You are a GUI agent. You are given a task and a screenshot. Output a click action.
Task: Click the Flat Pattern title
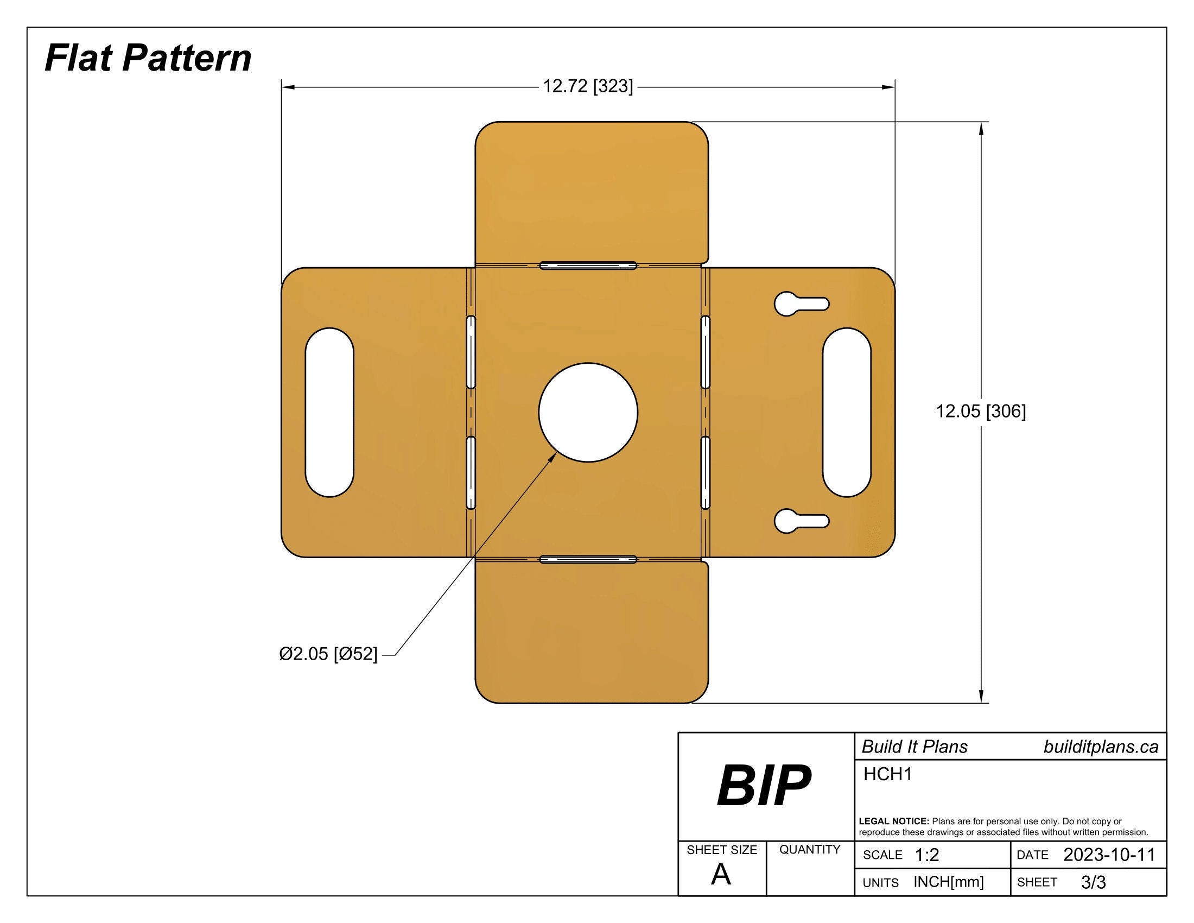[148, 58]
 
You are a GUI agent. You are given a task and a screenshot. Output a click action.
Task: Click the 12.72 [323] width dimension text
[588, 86]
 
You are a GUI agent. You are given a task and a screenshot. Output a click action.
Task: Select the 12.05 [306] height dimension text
[981, 411]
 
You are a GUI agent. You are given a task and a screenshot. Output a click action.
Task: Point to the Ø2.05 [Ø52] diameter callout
[328, 654]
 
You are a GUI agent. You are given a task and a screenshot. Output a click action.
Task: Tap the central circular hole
[588, 412]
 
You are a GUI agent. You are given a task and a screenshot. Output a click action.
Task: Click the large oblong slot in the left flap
[329, 412]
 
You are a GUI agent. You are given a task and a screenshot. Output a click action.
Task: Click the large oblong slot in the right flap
[846, 412]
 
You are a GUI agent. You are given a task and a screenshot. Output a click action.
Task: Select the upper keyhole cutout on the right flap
[798, 304]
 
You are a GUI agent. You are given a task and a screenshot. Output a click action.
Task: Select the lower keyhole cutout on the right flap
[798, 521]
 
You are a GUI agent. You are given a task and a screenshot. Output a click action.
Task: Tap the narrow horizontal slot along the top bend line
[588, 265]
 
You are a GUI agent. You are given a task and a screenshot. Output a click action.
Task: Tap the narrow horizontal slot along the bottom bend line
[588, 559]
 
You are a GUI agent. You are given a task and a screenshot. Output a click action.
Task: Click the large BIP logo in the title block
[764, 786]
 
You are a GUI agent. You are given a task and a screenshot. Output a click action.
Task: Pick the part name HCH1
[887, 774]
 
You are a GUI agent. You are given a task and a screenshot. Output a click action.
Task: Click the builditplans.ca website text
[1101, 747]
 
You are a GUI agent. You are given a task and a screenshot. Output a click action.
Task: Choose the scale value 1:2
[926, 855]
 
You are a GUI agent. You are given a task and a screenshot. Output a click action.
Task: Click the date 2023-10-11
[1109, 855]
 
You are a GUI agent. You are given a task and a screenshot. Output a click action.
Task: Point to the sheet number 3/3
[1094, 882]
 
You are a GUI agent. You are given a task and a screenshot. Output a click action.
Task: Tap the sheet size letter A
[721, 875]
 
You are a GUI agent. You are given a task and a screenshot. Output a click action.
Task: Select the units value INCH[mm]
[949, 882]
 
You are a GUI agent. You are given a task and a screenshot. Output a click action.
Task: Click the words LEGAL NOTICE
[893, 821]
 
